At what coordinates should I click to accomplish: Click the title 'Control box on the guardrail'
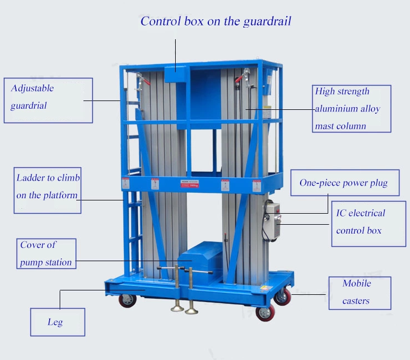(215, 22)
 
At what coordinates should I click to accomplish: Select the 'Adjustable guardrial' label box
(49, 100)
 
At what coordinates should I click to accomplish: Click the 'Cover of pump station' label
(46, 253)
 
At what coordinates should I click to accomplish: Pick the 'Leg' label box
(57, 322)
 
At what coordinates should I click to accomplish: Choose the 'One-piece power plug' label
(344, 183)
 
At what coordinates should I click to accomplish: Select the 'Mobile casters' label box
(359, 293)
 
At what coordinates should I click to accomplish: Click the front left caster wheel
(127, 300)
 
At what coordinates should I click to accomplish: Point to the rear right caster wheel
(283, 297)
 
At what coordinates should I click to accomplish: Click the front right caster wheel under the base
(265, 313)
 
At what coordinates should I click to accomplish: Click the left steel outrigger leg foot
(177, 307)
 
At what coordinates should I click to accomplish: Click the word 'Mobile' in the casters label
(356, 284)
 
